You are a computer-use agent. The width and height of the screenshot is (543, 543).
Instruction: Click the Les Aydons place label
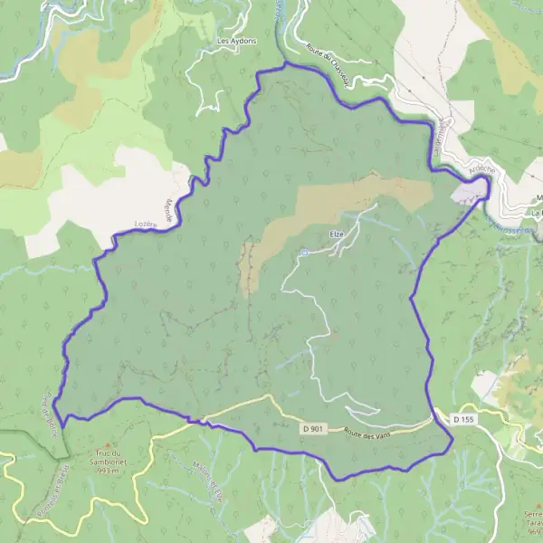237,42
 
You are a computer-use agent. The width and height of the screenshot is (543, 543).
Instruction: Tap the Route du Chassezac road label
328,64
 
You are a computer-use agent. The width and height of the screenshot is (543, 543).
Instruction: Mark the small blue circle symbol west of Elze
304,253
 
